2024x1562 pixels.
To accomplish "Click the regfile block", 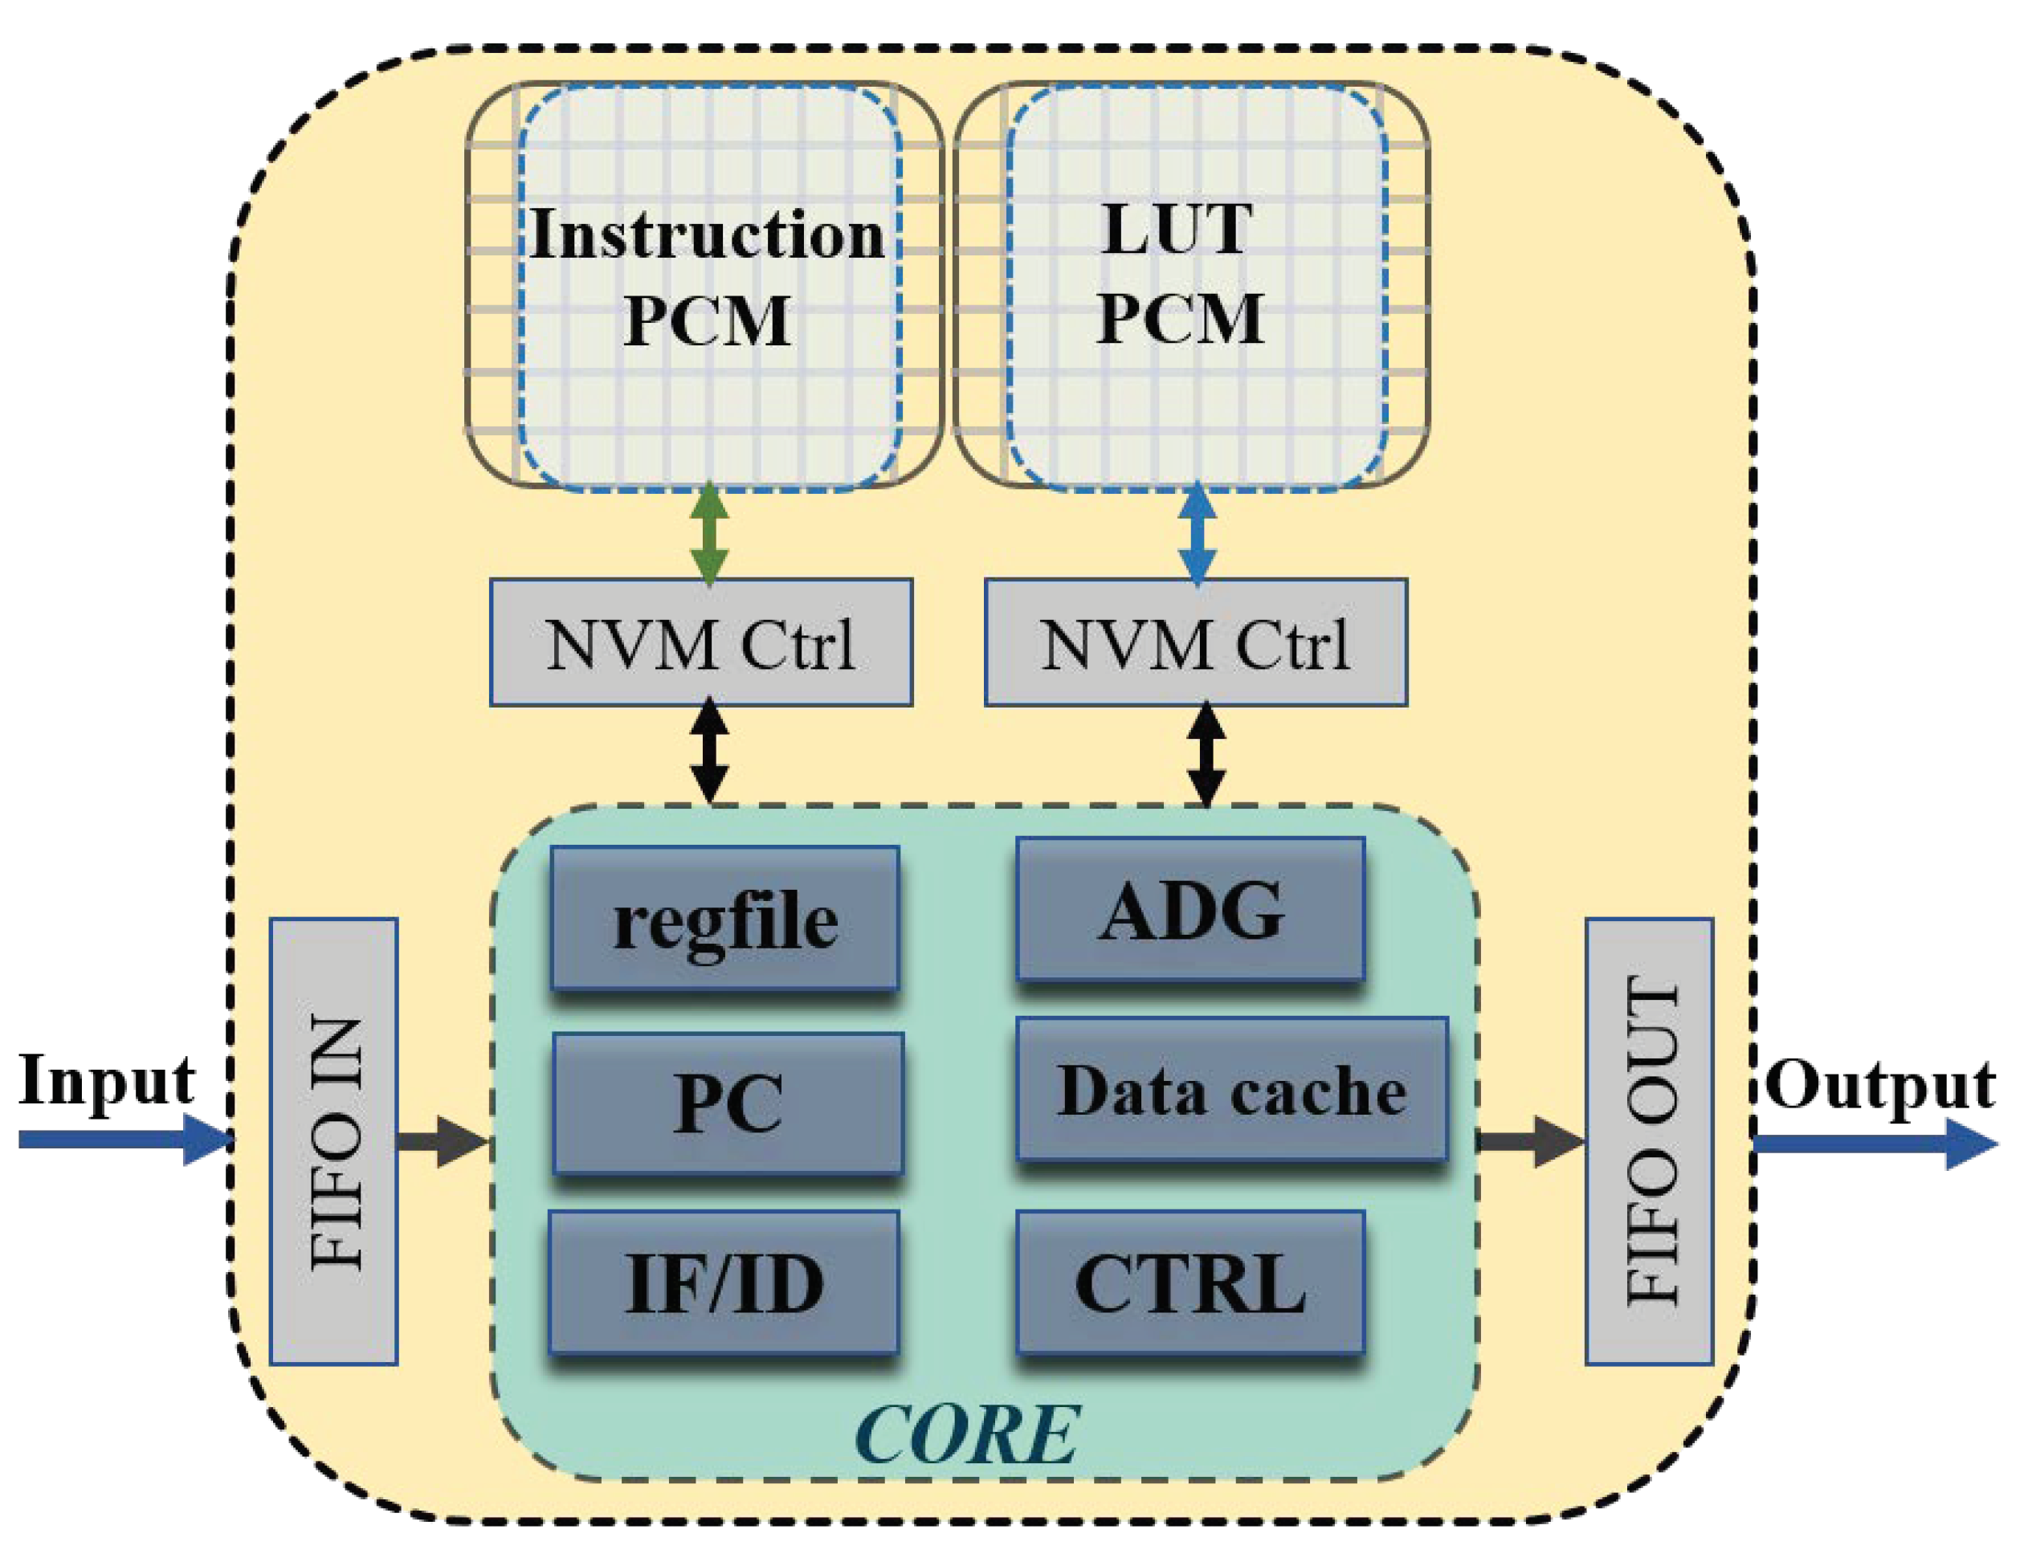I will (724, 919).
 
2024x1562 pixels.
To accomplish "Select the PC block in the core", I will (728, 1103).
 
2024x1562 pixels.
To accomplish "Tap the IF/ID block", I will (724, 1283).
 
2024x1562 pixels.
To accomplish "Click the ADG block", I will (1190, 910).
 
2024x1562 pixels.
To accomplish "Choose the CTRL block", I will (1190, 1283).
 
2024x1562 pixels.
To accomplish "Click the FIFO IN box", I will (333, 1141).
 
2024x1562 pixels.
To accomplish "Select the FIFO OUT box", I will (1649, 1141).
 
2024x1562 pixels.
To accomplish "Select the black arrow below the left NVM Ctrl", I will (710, 750).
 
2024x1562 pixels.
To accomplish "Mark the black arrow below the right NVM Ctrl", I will (1206, 752).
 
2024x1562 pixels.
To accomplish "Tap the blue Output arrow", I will (1872, 1144).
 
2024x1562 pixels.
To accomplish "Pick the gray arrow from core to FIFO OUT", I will (1529, 1140).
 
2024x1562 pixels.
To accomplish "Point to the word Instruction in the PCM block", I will (706, 235).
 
